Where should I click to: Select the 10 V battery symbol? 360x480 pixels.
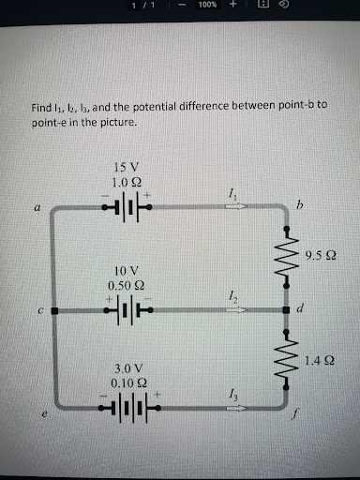[x=127, y=308]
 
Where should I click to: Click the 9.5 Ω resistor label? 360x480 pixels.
[x=321, y=255]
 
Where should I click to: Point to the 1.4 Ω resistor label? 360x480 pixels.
[x=321, y=358]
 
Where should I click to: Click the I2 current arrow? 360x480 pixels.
[x=232, y=307]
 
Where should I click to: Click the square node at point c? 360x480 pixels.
[x=54, y=308]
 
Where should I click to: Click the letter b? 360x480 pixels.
[x=300, y=203]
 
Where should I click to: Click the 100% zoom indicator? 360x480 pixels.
[x=207, y=5]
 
